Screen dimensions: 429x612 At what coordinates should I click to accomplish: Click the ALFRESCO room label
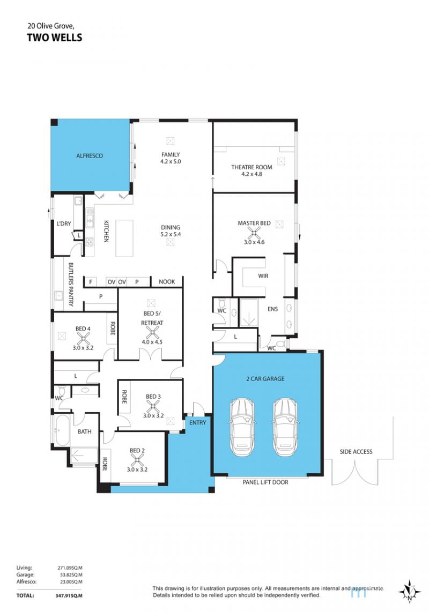point(90,156)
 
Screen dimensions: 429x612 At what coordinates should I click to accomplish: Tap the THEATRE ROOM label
point(252,167)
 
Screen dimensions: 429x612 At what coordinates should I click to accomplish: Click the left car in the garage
point(242,427)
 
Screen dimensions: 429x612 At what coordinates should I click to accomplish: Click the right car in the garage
point(286,427)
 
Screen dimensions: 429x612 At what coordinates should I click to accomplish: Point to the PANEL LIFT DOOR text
point(265,482)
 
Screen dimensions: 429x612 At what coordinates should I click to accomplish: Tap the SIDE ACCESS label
point(356,452)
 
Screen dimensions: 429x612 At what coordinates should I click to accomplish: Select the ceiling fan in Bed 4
point(83,338)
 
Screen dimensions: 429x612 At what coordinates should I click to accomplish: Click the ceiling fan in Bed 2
point(137,460)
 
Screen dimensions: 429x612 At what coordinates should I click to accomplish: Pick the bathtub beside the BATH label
point(63,430)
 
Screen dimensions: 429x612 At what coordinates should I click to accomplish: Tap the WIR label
point(263,276)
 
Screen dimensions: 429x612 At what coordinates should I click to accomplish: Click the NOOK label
point(167,282)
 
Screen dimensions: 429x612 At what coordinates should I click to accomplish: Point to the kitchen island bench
point(124,238)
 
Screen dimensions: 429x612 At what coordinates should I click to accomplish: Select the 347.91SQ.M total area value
point(69,595)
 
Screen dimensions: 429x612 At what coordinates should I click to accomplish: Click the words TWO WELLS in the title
point(55,38)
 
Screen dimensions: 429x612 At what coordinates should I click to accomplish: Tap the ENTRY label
point(197,423)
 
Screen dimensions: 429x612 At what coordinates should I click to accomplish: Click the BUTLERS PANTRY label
point(71,284)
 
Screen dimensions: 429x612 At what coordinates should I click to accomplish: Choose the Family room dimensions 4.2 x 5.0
point(171,161)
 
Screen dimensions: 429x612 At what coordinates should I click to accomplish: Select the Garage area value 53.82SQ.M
point(70,574)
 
